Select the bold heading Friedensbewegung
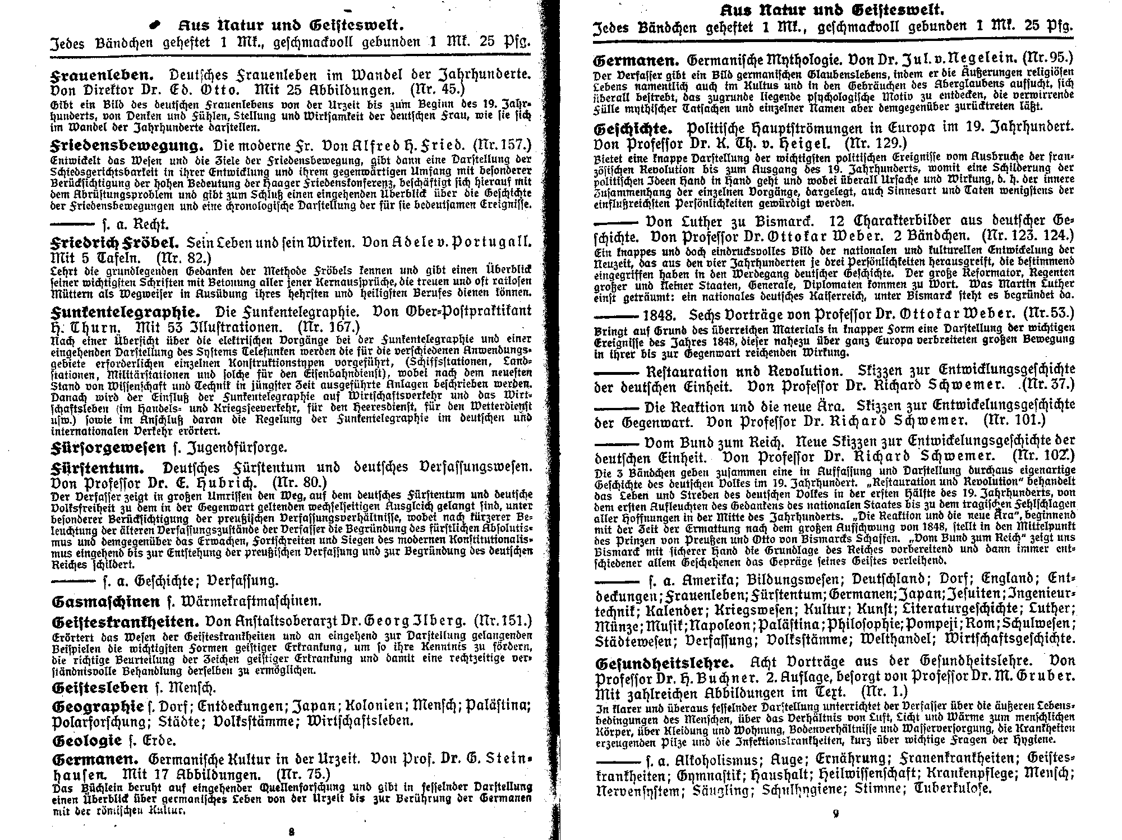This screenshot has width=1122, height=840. click(126, 146)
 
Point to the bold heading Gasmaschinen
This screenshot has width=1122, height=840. click(105, 602)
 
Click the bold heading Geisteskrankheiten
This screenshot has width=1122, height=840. click(126, 622)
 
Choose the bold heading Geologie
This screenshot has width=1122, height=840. click(86, 740)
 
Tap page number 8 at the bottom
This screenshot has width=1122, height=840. click(291, 832)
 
